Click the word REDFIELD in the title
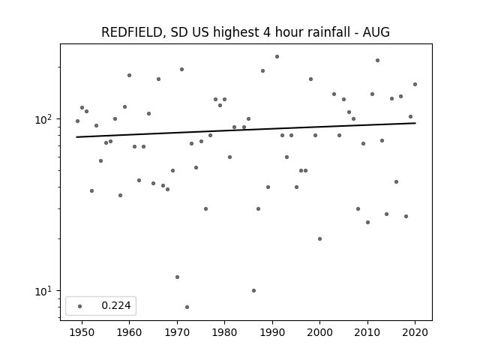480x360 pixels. pyautogui.click(x=132, y=32)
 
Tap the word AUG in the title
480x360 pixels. pyautogui.click(x=376, y=32)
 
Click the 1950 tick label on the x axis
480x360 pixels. pyautogui.click(x=82, y=332)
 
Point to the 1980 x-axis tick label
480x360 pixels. pyautogui.click(x=224, y=332)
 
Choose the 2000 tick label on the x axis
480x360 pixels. pyautogui.click(x=319, y=332)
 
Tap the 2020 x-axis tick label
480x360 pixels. pyautogui.click(x=415, y=332)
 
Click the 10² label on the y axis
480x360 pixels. pyautogui.click(x=43, y=120)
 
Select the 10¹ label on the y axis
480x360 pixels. pyautogui.click(x=43, y=292)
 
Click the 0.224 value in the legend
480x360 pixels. pyautogui.click(x=116, y=305)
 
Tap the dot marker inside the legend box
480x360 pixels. pyautogui.click(x=79, y=306)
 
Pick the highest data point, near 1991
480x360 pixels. pyautogui.click(x=277, y=57)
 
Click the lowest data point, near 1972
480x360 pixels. pyautogui.click(x=187, y=307)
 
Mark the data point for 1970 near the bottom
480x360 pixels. pyautogui.click(x=177, y=277)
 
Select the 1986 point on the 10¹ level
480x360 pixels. pyautogui.click(x=253, y=290)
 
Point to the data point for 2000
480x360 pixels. pyautogui.click(x=320, y=238)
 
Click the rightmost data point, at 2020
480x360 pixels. pyautogui.click(x=415, y=85)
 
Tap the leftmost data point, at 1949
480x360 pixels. pyautogui.click(x=77, y=121)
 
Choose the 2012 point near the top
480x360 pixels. pyautogui.click(x=377, y=60)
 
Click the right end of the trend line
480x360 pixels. pyautogui.click(x=415, y=123)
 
